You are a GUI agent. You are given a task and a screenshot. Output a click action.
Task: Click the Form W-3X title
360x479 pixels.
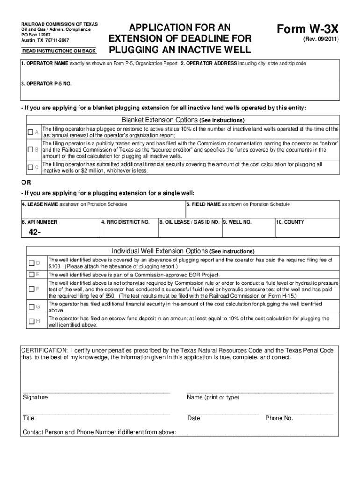coord(306,29)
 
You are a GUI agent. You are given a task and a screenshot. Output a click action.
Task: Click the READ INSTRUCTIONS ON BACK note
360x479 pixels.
coord(59,51)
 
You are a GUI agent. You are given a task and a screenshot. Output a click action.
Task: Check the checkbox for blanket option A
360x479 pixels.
coord(30,132)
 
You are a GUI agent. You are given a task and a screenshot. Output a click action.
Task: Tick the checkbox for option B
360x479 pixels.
coord(30,150)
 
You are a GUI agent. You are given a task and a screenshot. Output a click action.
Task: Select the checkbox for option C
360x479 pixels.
coord(30,167)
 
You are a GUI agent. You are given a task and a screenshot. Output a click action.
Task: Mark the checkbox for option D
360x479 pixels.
coord(31,263)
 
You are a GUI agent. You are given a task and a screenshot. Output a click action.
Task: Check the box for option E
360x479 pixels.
coord(31,274)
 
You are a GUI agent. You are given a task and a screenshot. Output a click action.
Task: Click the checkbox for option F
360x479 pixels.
coord(31,289)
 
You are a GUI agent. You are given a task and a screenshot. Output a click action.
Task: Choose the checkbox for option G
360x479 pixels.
coord(31,307)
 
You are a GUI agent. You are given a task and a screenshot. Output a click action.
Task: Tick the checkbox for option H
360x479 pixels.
coord(31,321)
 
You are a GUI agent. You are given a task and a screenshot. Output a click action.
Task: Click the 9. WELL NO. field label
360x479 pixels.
coord(238,222)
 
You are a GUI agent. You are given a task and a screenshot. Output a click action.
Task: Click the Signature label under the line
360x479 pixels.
coord(35,397)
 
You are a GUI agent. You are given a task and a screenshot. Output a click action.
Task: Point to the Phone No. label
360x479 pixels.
coord(279,418)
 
